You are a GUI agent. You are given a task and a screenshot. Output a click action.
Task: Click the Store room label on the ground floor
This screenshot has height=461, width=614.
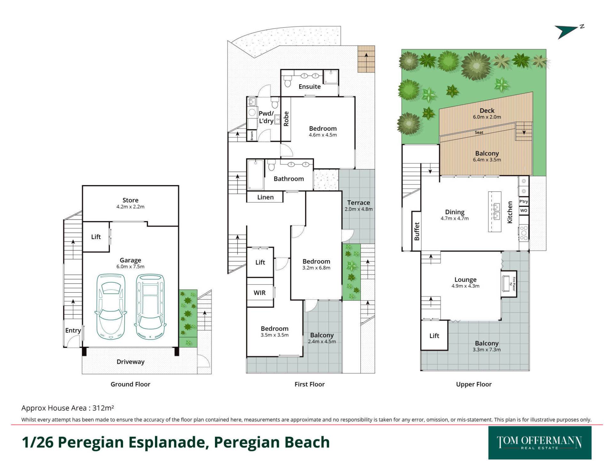[x=130, y=200]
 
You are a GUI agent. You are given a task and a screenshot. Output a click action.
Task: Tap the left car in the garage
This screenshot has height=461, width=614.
[x=111, y=306]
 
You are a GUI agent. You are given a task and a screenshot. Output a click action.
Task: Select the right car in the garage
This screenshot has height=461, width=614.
[x=150, y=306]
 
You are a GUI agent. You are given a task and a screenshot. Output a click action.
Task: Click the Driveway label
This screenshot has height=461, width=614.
[x=130, y=362]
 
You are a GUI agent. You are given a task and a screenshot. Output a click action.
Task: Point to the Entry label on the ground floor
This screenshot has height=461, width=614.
[x=73, y=330]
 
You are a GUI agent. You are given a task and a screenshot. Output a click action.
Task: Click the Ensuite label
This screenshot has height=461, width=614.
[x=310, y=86]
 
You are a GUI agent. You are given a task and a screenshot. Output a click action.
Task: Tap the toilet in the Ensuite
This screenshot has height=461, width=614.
[x=287, y=81]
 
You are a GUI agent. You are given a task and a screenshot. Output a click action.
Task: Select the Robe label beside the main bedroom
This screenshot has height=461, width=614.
[x=286, y=119]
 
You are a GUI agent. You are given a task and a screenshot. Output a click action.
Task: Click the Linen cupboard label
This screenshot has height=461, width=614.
[x=265, y=197]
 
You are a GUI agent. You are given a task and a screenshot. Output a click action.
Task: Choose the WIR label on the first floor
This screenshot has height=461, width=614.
[x=260, y=293]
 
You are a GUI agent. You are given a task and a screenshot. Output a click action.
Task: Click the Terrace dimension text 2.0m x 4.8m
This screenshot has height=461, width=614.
[x=358, y=209]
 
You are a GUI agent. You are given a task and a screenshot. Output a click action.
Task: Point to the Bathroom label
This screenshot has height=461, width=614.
[x=289, y=179]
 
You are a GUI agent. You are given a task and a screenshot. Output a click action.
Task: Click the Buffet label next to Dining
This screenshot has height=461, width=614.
[x=417, y=231]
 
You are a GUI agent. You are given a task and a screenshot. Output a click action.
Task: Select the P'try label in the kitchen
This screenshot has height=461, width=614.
[x=523, y=201]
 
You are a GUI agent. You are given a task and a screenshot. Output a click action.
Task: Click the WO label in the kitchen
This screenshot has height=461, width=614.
[x=523, y=210]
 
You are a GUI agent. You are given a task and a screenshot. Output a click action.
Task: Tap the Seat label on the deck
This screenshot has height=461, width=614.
[x=479, y=132]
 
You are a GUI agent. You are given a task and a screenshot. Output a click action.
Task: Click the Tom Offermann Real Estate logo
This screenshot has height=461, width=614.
[x=539, y=443]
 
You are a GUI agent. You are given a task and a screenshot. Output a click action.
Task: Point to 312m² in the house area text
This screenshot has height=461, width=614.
[x=103, y=408]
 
